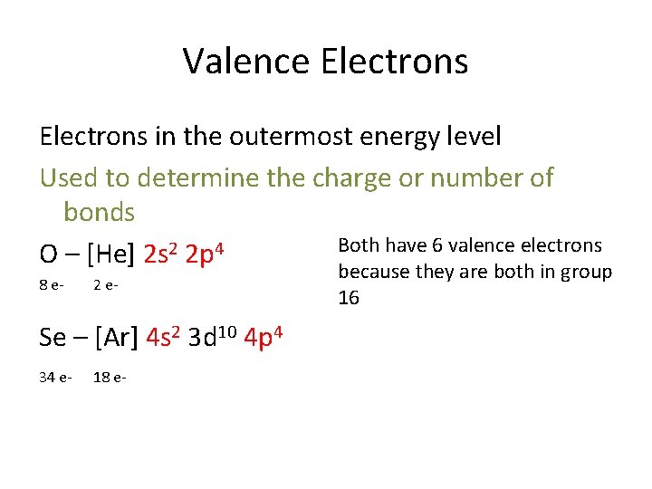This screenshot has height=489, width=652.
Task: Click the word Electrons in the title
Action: click(394, 62)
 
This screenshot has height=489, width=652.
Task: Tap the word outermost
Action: click(292, 137)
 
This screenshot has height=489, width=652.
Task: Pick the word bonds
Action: click(99, 213)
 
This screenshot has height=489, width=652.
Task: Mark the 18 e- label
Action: click(109, 377)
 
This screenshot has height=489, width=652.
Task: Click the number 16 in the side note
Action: click(349, 298)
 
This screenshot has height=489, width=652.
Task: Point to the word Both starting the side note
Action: click(360, 245)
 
